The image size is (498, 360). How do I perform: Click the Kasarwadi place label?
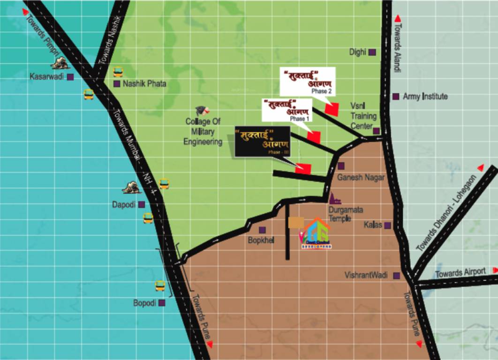click(46, 76)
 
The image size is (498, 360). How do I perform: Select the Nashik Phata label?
click(144, 84)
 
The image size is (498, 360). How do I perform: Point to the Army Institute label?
click(425, 97)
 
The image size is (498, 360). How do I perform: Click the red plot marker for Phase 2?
click(332, 109)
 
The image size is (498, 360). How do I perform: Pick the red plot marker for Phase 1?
click(314, 137)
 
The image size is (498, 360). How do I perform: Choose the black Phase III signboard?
click(263, 141)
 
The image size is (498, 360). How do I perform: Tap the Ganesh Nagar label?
click(361, 177)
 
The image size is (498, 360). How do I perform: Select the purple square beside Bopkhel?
click(262, 230)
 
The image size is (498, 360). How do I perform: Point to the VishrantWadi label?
click(366, 275)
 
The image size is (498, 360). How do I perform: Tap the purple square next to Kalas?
click(387, 225)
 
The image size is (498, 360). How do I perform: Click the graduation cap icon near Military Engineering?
click(202, 110)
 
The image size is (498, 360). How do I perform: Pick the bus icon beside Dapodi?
click(148, 218)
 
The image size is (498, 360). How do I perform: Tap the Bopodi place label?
click(144, 303)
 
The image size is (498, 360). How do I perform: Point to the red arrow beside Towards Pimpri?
click(25, 12)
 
